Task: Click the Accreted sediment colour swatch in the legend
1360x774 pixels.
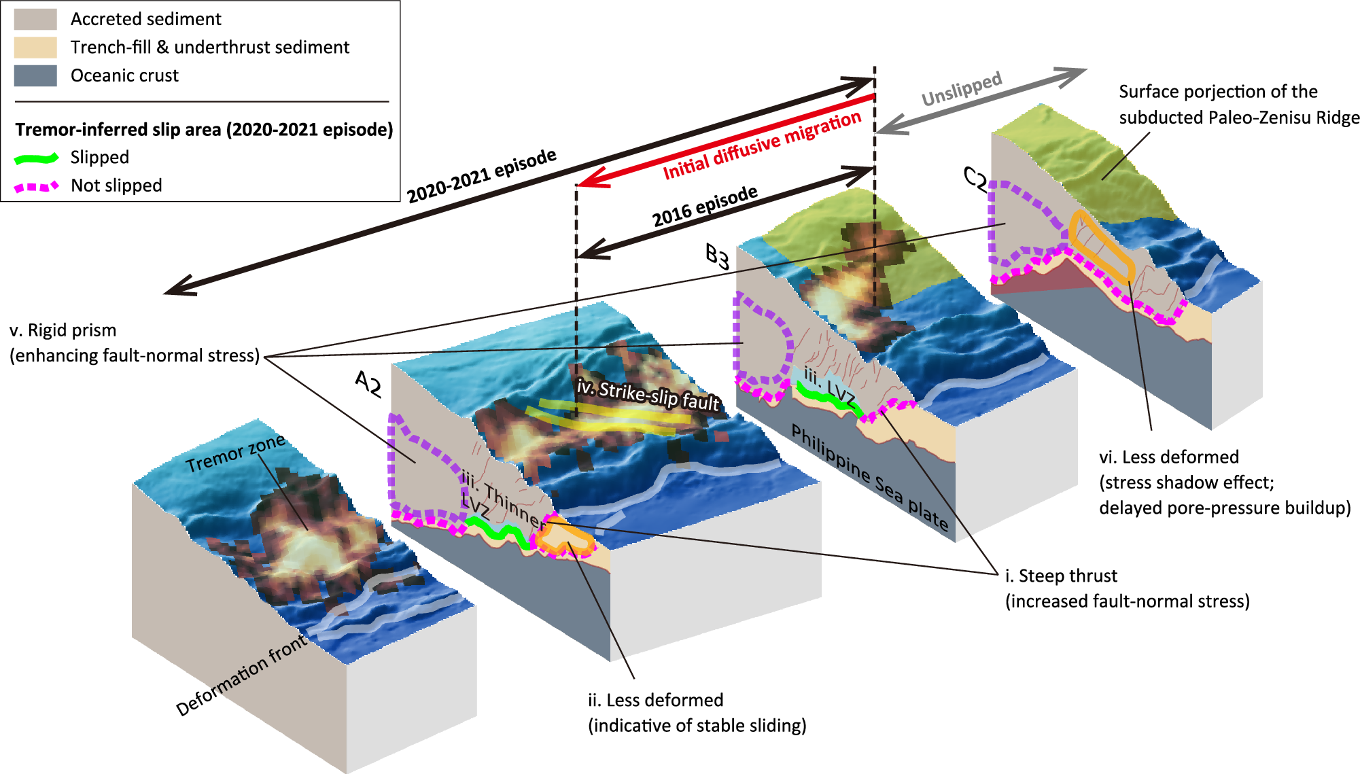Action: pos(35,19)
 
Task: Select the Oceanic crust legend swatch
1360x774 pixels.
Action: pos(35,75)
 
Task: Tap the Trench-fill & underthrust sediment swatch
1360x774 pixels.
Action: pos(35,47)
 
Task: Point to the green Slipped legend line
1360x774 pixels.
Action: pos(37,158)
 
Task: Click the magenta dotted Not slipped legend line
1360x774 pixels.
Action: pos(37,186)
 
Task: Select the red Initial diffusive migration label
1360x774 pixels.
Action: pos(762,145)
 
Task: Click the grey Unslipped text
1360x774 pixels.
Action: pos(961,89)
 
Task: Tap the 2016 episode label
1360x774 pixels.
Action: pos(705,206)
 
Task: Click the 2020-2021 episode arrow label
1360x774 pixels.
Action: pos(481,175)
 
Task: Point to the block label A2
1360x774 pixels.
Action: pos(368,383)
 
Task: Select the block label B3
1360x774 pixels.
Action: pos(717,256)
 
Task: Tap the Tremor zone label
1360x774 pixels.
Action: pos(235,453)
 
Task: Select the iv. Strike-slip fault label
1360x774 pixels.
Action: pos(648,395)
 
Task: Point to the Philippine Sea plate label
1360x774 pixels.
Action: pos(870,477)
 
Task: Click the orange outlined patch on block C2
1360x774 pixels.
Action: pos(1101,246)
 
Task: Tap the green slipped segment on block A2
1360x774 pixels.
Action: pos(500,531)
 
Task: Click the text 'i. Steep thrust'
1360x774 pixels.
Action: pos(1061,576)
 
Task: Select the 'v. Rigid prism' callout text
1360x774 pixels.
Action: pos(63,330)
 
